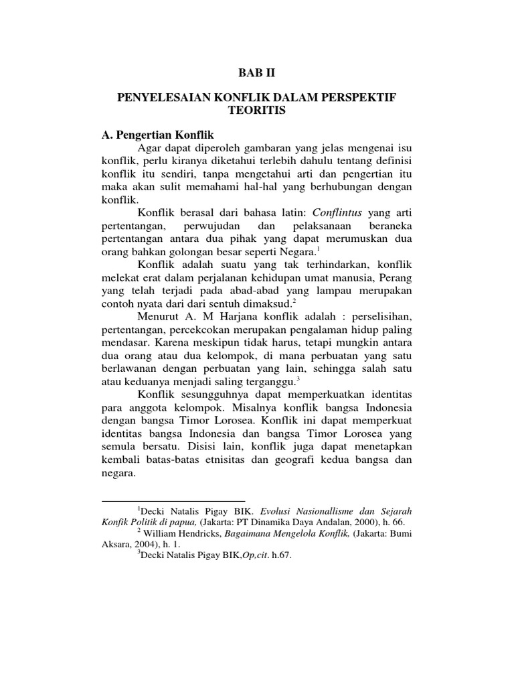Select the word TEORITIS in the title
257,111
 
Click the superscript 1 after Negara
319,249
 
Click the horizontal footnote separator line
173,500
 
